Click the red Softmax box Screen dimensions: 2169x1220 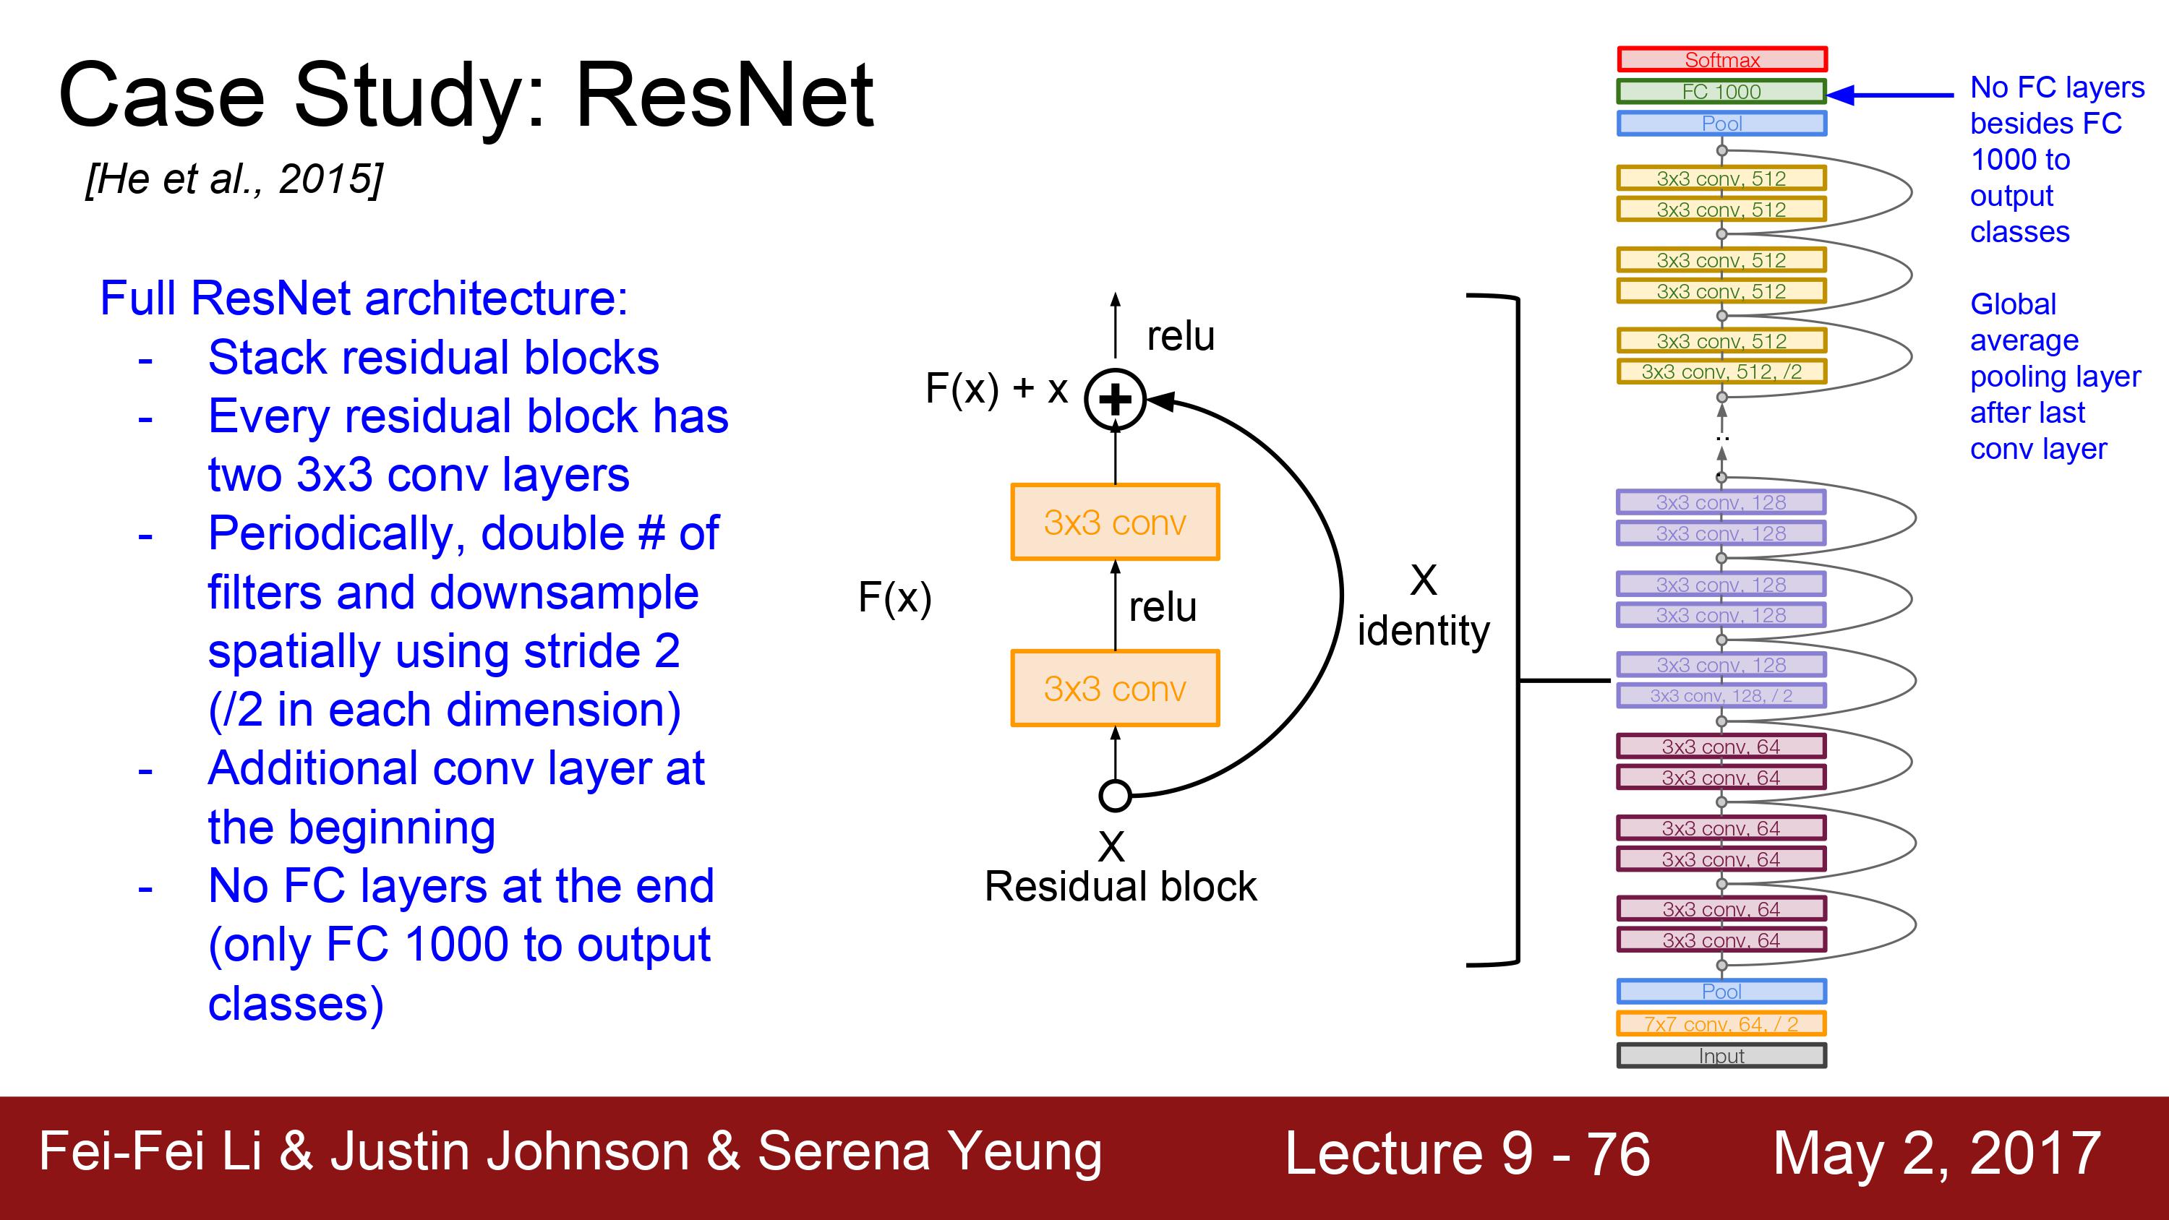(x=1722, y=59)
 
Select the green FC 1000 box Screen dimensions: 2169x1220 (x=1722, y=91)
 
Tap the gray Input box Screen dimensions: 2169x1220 (x=1722, y=1055)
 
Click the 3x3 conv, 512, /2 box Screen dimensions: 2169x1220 (x=1722, y=371)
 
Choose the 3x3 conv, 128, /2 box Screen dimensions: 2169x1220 (x=1722, y=695)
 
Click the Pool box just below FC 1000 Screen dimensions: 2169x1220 (x=1722, y=123)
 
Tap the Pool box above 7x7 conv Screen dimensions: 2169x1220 (x=1722, y=991)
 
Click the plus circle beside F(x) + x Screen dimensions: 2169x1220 (x=1115, y=399)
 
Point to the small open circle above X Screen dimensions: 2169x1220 (x=1115, y=795)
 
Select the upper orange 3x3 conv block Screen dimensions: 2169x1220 (x=1115, y=522)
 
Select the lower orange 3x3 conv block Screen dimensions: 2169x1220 (x=1115, y=688)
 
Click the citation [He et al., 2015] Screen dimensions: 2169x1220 (x=234, y=179)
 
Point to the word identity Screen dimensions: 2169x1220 (x=1423, y=632)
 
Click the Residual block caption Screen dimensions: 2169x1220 (x=1121, y=887)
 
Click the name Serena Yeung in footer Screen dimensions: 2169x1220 (x=930, y=1152)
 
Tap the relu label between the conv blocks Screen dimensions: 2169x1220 (x=1162, y=607)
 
